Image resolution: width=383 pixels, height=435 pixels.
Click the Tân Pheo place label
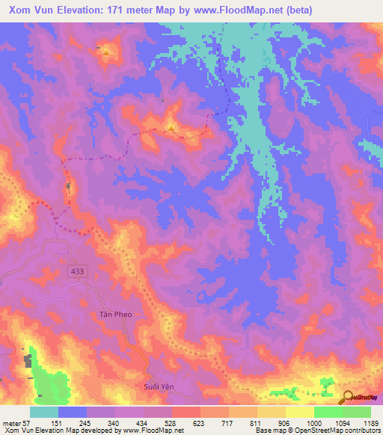(x=115, y=315)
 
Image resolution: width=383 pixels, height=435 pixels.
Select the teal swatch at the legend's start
(x=44, y=412)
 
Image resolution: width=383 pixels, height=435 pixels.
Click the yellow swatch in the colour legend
(x=299, y=412)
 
